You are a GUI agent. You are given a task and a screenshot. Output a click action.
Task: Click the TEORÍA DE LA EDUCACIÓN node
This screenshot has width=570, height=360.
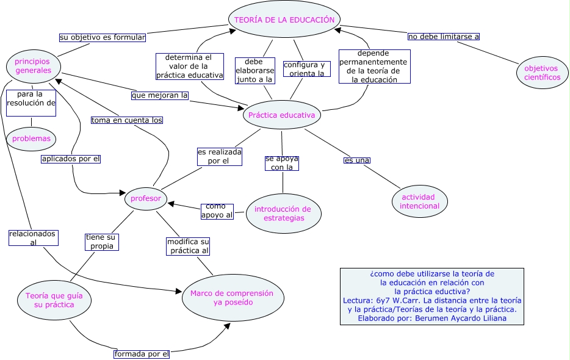284,20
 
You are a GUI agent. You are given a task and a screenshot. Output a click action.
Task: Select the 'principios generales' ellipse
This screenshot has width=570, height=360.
33,66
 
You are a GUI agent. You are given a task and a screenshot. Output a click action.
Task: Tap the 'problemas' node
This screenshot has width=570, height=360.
31,139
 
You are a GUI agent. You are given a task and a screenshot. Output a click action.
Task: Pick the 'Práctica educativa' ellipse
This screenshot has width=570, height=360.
282,114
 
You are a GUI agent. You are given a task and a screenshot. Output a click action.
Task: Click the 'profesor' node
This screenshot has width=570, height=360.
146,198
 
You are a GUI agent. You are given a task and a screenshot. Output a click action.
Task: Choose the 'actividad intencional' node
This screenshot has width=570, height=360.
419,201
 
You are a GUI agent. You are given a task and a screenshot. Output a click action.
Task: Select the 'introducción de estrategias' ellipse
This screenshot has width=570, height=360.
283,214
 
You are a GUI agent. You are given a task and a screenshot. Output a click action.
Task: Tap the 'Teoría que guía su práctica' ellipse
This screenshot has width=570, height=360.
54,300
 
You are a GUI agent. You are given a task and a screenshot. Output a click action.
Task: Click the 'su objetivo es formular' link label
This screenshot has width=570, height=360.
103,37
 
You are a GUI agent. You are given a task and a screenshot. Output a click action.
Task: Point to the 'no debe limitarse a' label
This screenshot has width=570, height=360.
444,37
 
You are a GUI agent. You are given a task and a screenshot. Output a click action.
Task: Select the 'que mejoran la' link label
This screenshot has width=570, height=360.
160,95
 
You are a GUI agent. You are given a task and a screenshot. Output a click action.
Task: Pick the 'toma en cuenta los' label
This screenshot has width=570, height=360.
127,120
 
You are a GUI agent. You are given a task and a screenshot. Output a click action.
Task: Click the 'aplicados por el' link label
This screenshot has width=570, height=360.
71,159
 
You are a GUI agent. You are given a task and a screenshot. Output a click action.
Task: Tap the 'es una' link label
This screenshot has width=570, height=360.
357,160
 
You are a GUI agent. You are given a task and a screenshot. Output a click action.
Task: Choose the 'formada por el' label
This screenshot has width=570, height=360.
142,354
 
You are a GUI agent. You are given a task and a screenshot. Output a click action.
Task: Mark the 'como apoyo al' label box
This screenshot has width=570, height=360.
217,211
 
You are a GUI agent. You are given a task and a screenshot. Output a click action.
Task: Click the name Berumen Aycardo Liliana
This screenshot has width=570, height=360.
462,318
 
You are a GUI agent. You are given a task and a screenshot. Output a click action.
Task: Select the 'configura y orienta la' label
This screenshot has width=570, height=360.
306,69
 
